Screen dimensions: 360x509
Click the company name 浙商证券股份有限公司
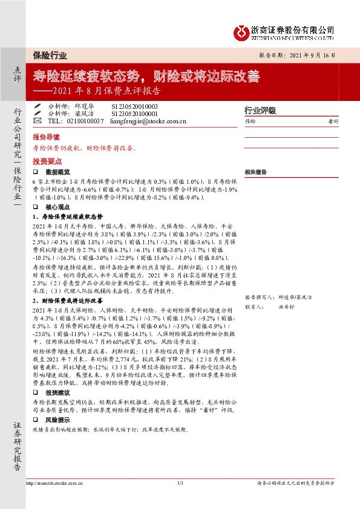[292, 29]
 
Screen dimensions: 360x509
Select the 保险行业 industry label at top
[51, 55]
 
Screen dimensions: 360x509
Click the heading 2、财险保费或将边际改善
[68, 300]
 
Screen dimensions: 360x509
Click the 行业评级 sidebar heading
[260, 111]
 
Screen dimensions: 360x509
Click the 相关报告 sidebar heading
[256, 172]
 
